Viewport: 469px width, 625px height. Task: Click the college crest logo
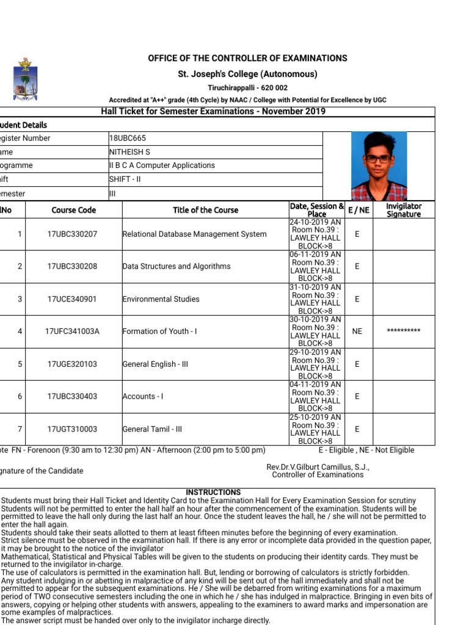25,79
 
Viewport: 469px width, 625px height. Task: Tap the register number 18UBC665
128,139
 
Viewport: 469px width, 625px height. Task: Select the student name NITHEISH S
129,152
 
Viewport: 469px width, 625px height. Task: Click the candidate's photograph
379,166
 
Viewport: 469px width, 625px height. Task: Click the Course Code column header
73,210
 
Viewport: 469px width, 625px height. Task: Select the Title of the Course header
205,210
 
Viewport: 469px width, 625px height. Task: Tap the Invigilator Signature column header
404,210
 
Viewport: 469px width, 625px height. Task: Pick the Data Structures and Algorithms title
176,267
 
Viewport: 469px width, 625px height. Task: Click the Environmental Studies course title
161,299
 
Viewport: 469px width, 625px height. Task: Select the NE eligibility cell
357,331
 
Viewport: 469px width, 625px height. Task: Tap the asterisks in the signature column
404,331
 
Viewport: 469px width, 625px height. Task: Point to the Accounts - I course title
143,397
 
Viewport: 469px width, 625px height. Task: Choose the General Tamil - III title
152,429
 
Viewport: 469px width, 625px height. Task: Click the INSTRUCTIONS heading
213,492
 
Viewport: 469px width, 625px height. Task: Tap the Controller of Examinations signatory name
318,468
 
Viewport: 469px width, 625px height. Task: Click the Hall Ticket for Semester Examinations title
213,112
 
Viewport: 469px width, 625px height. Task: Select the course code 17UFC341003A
72,331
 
